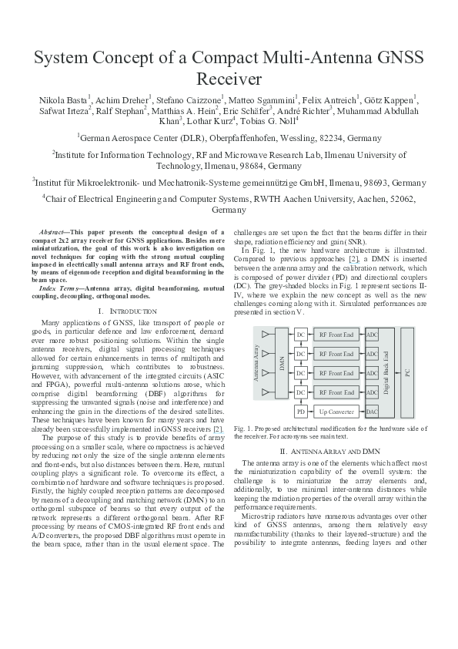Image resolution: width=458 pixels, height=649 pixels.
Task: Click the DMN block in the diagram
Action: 282,370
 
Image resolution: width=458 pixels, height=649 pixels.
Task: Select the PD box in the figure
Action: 301,412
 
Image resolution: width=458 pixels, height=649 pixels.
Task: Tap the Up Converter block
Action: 336,412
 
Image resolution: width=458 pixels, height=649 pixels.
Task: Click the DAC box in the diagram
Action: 373,412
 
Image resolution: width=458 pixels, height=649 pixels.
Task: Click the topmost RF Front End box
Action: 336,335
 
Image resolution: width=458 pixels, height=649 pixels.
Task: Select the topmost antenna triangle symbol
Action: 266,335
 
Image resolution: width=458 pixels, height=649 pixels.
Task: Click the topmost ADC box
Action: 373,335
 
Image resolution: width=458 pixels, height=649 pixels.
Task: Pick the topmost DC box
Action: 301,335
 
